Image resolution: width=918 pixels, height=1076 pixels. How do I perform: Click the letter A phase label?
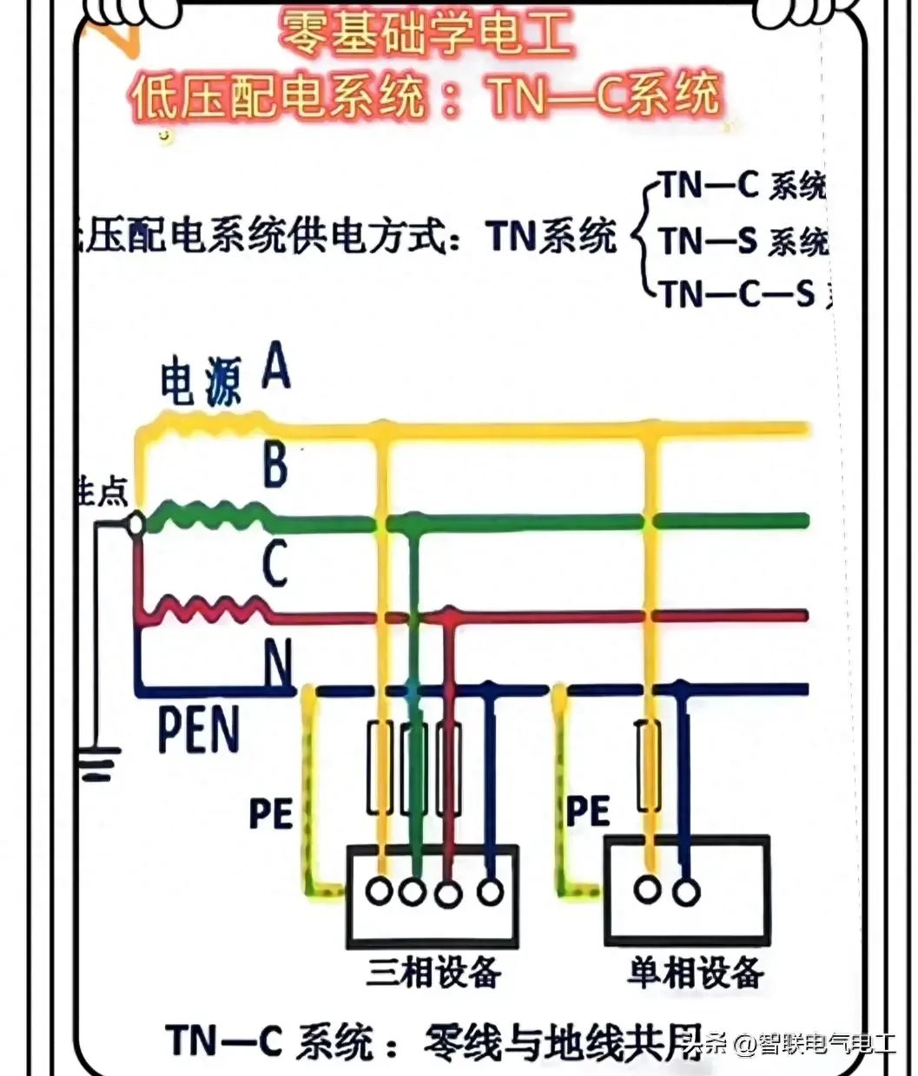pyautogui.click(x=276, y=366)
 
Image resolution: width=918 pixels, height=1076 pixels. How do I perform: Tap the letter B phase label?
pyautogui.click(x=275, y=465)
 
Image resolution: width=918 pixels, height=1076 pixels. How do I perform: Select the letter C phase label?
pyautogui.click(x=275, y=563)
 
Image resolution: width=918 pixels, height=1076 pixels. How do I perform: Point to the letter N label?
pyautogui.click(x=278, y=664)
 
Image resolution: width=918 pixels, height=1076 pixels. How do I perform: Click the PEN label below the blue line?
pyautogui.click(x=199, y=731)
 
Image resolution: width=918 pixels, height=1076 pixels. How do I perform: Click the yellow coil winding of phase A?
pyautogui.click(x=208, y=419)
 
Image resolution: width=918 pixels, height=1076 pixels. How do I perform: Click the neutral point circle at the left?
pyautogui.click(x=135, y=525)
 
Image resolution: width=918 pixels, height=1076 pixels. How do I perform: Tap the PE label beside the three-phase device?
pyautogui.click(x=270, y=814)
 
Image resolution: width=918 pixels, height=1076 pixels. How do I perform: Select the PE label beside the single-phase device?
pyautogui.click(x=588, y=810)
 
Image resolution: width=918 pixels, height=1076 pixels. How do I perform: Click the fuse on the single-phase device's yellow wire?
pyautogui.click(x=647, y=764)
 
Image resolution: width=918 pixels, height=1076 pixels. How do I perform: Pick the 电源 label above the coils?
pyautogui.click(x=201, y=384)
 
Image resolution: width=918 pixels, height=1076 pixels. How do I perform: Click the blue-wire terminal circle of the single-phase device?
pyautogui.click(x=687, y=891)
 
